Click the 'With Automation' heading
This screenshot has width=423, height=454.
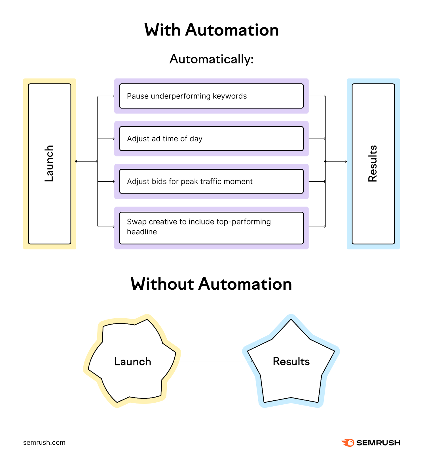(x=212, y=30)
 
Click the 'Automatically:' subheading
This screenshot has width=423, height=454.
(x=212, y=59)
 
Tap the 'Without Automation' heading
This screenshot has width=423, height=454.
(x=212, y=284)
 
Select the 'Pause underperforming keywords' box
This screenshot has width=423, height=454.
(x=211, y=96)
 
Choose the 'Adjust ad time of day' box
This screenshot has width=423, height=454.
(x=211, y=139)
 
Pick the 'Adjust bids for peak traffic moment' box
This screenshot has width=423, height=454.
(x=211, y=181)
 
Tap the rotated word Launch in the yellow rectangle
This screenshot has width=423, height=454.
(x=49, y=163)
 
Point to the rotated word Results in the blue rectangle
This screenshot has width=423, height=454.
(x=373, y=163)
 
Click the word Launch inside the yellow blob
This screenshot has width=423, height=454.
(x=133, y=361)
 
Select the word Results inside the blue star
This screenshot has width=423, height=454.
(x=291, y=361)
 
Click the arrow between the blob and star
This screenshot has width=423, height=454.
(x=213, y=361)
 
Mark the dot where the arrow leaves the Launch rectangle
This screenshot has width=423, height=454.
(x=76, y=161)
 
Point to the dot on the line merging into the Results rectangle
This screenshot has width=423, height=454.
(x=325, y=161)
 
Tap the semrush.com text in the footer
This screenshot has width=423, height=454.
(x=44, y=442)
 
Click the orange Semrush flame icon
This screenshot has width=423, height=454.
(x=348, y=443)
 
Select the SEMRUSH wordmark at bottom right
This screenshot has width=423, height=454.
(x=378, y=443)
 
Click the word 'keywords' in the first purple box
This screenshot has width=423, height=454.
(x=230, y=96)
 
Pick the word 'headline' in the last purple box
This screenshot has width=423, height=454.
(x=142, y=232)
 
